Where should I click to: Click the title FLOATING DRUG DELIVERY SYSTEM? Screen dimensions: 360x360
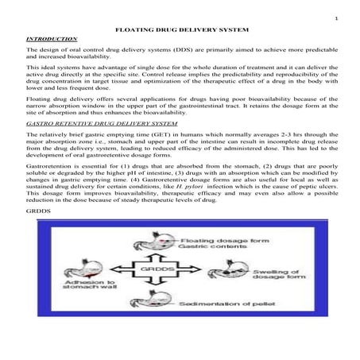[x=180, y=27]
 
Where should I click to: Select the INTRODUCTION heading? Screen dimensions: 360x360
[x=52, y=38]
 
